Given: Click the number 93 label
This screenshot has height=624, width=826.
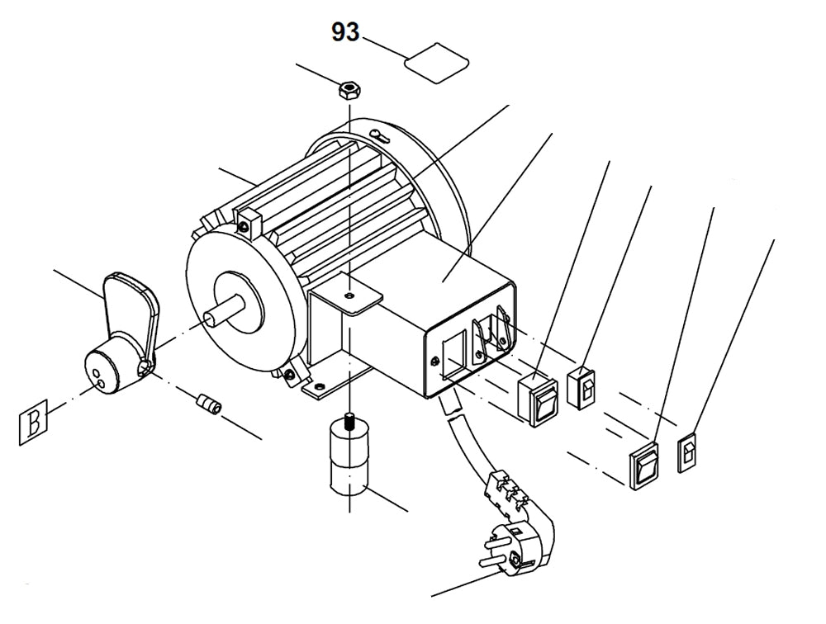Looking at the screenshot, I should point(346,32).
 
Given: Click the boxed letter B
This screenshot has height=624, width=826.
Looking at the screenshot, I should point(33,423).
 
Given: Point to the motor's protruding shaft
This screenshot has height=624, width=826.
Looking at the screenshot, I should point(223,309).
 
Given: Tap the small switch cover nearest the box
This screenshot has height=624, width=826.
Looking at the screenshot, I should point(582,385).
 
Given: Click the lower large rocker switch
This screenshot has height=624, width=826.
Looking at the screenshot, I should point(648,466).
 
